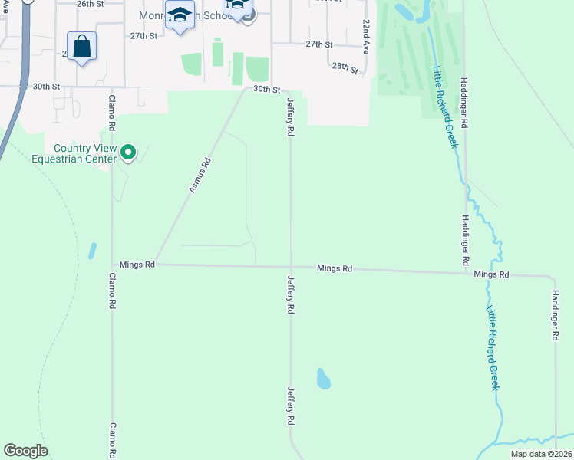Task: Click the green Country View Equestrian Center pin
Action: pyautogui.click(x=128, y=153)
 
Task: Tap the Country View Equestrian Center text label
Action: pyautogui.click(x=84, y=153)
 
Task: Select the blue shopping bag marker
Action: pyautogui.click(x=81, y=47)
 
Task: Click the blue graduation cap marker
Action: pyautogui.click(x=180, y=17)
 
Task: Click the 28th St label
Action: pyautogui.click(x=345, y=68)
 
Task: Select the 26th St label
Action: pyautogui.click(x=90, y=3)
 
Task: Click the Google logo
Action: pyautogui.click(x=25, y=451)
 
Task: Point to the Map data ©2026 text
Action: pyautogui.click(x=540, y=454)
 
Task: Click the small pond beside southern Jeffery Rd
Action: pyautogui.click(x=324, y=378)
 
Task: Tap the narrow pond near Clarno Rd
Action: pyautogui.click(x=92, y=251)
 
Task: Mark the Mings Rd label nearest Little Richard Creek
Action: pyautogui.click(x=491, y=274)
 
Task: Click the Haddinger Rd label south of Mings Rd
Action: pyautogui.click(x=555, y=315)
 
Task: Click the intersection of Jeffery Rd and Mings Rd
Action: pyautogui.click(x=290, y=267)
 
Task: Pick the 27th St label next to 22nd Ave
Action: pyautogui.click(x=319, y=45)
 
